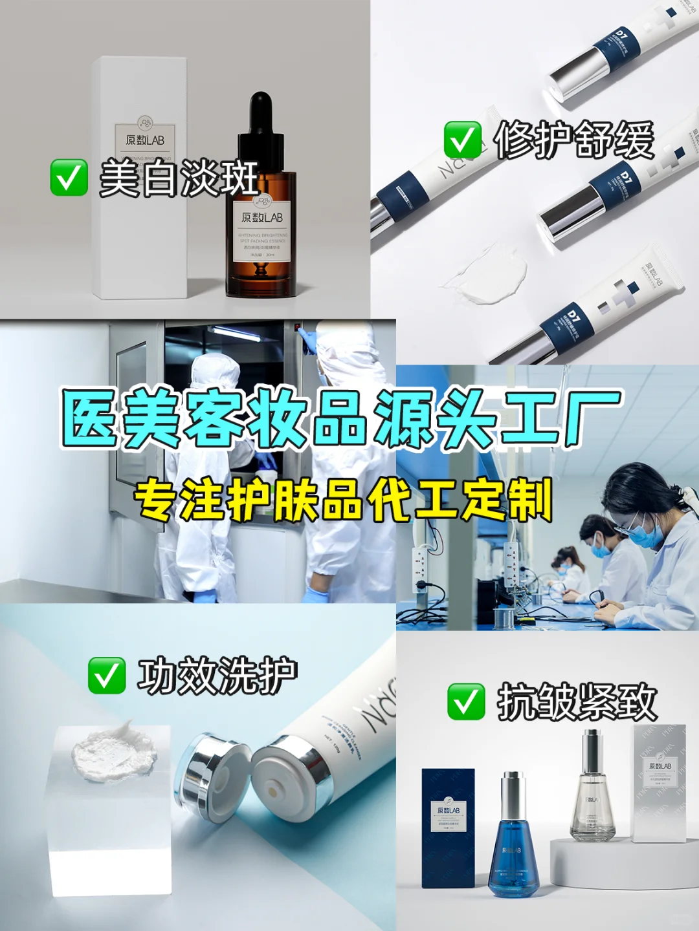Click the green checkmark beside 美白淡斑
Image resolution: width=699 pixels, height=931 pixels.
(69, 178)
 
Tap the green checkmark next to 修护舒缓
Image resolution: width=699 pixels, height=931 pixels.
(463, 140)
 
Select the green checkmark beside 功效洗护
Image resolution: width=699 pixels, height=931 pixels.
(107, 676)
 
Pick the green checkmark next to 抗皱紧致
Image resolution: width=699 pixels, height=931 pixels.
(466, 701)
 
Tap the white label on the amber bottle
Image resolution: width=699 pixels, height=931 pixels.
(261, 233)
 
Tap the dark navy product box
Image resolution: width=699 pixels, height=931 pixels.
(448, 828)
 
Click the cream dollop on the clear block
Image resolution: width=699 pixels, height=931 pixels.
(113, 750)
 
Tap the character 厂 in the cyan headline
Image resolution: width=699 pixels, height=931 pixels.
(592, 419)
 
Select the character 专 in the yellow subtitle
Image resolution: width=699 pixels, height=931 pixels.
(155, 500)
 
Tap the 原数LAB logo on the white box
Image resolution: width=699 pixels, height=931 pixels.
(145, 138)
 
